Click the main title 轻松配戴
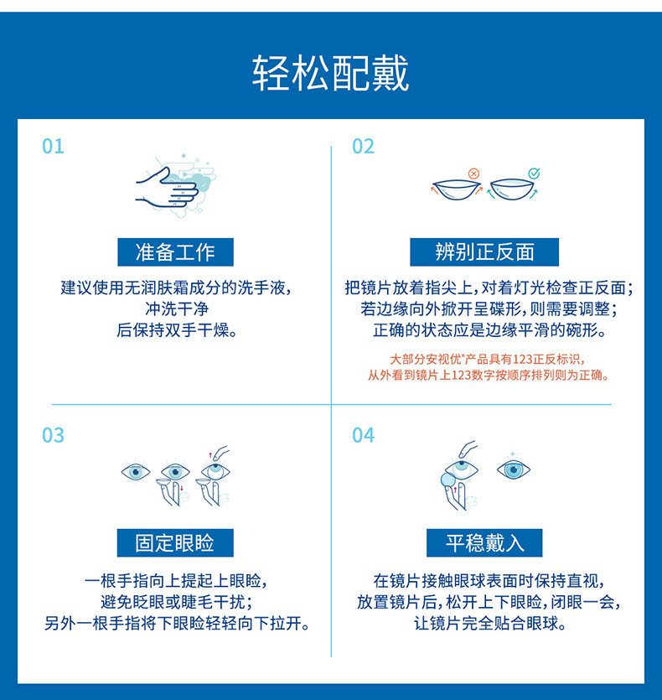pos(330,73)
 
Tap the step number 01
pos(53,147)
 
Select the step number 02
pos(363,147)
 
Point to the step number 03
pos(53,435)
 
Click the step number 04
pos(363,435)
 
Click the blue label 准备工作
pos(175,252)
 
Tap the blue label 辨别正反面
pos(484,252)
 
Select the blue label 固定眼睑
pos(175,543)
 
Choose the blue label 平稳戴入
pos(484,543)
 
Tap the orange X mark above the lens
pos(473,174)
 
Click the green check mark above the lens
pos(534,173)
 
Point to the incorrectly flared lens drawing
pos(456,189)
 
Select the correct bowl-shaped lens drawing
pos(512,189)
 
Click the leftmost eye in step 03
pos(136,472)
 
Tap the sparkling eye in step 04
pos(514,469)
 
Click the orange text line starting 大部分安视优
pos(487,360)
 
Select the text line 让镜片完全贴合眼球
pos(489,623)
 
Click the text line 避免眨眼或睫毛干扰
pos(177,602)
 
